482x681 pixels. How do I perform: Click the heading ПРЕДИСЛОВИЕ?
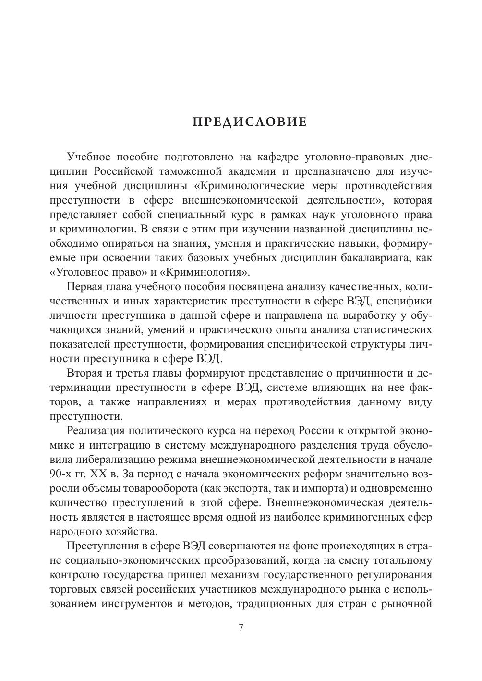coord(249,122)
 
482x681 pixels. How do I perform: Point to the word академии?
coord(261,171)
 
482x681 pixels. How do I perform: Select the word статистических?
coord(392,330)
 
